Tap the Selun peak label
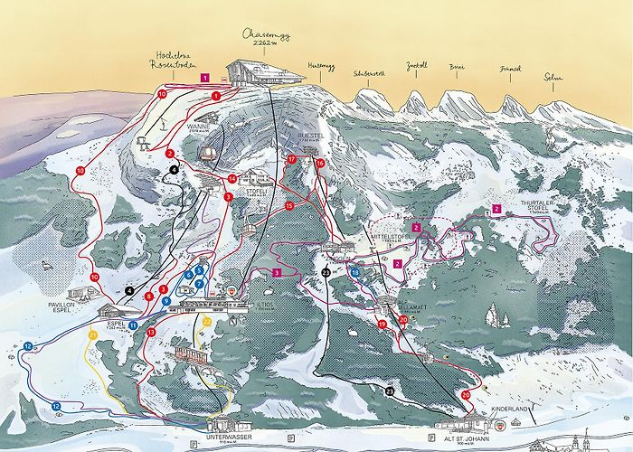553,78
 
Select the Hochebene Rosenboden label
176,60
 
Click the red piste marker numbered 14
232,179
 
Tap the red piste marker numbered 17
292,159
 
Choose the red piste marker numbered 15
289,206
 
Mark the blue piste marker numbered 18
355,272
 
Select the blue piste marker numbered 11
133,324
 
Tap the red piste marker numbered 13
151,333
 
